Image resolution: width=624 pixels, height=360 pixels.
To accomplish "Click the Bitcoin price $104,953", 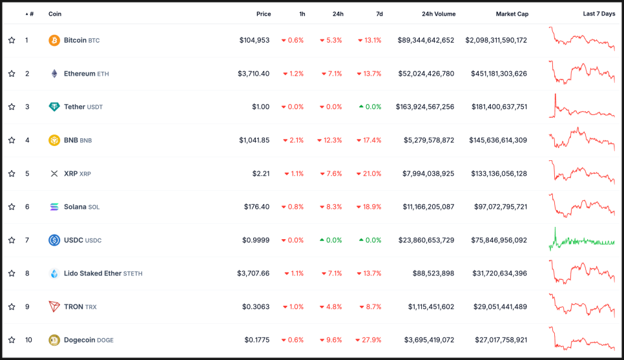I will [x=255, y=40].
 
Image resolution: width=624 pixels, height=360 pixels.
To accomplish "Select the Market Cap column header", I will [x=511, y=14].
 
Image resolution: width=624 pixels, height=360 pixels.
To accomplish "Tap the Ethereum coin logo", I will [x=54, y=74].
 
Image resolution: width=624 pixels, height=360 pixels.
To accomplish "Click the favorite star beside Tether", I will [x=12, y=107].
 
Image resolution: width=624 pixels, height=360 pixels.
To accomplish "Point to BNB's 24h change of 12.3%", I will [x=329, y=140].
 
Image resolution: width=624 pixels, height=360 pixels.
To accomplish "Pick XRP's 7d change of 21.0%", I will [x=369, y=174].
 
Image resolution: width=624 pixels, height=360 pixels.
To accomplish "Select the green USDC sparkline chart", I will [x=582, y=240].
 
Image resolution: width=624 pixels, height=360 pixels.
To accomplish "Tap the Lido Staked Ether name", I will [x=92, y=273].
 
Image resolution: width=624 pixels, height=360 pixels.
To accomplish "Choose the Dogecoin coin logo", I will [x=54, y=340].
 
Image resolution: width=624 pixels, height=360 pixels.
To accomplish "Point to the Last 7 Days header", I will [x=599, y=14].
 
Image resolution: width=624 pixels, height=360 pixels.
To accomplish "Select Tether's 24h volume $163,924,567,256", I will [x=425, y=107].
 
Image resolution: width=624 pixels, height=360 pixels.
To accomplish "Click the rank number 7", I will [x=27, y=240].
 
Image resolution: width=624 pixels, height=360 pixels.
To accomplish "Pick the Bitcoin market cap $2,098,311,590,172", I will [x=495, y=40].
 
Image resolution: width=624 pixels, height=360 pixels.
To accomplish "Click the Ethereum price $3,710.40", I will [x=254, y=74].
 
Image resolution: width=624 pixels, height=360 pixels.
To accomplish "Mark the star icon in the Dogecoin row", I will [x=12, y=340].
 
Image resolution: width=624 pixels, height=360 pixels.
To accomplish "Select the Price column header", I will [x=263, y=14].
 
